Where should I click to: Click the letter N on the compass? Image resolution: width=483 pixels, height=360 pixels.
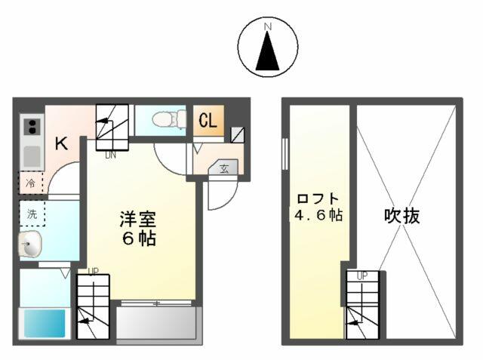pos(267,28)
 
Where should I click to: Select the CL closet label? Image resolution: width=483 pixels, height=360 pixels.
pos(208,119)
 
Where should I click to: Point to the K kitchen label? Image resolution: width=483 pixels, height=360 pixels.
pos(61,143)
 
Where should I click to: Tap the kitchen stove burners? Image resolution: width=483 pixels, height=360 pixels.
pos(32,128)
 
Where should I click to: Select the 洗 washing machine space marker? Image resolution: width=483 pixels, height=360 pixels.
pos(32,213)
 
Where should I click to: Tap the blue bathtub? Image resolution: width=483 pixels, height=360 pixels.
pos(46,324)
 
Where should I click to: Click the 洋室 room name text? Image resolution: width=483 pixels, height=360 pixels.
pos(137,220)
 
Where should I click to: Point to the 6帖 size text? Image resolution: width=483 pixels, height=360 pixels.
pos(137,239)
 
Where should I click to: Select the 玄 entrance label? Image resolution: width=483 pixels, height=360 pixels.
pos(225,168)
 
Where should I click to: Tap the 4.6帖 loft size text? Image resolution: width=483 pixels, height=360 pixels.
pos(319,215)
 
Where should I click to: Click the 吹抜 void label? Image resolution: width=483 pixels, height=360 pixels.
pos(401,216)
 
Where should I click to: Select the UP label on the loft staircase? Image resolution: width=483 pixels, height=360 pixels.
pos(361,276)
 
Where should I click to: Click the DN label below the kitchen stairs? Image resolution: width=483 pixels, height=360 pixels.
pos(109,155)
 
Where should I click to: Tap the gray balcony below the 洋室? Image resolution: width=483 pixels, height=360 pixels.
pos(158,325)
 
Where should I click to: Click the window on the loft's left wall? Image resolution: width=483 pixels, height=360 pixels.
pos(285,155)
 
